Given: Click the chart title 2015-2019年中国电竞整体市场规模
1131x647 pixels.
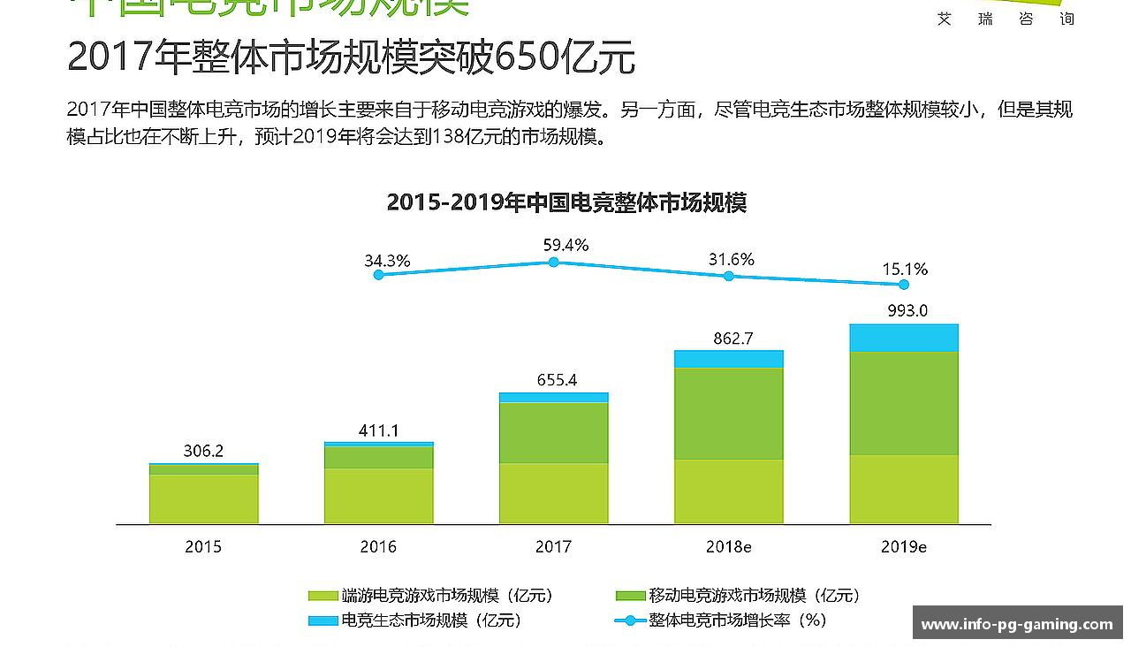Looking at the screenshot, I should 566,202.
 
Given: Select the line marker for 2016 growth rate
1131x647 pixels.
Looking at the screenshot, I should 379,275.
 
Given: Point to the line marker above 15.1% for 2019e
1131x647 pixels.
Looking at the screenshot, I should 903,285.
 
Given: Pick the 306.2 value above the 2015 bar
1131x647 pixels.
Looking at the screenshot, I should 203,451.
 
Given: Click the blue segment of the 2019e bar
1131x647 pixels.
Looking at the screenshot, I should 903,338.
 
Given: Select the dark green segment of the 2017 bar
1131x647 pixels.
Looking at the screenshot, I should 553,432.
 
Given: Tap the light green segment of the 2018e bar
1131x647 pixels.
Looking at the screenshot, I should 728,491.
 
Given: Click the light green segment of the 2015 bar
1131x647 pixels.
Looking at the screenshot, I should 203,499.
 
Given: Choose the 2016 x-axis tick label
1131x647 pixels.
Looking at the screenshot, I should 378,547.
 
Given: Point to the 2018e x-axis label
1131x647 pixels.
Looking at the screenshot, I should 728,547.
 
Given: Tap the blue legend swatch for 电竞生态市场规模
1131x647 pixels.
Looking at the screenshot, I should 323,620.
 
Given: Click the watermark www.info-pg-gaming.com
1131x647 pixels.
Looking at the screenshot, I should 1017,625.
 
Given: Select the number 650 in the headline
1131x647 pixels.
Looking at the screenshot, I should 527,58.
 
